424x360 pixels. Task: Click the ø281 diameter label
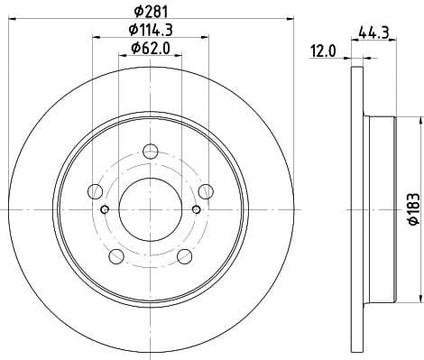pos(152,11)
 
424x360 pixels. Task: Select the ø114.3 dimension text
pos(152,31)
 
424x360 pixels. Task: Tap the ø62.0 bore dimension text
pos(151,48)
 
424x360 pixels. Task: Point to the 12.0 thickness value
pos(322,51)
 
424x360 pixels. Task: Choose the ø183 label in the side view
pos(411,209)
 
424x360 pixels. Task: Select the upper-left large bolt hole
pos(96,190)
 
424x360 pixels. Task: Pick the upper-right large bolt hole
pos(207,190)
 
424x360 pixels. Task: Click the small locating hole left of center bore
pos(105,210)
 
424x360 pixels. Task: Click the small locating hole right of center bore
pos(198,210)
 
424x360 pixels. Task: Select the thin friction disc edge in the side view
pos(352,208)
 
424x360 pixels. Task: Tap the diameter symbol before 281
pos(136,11)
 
